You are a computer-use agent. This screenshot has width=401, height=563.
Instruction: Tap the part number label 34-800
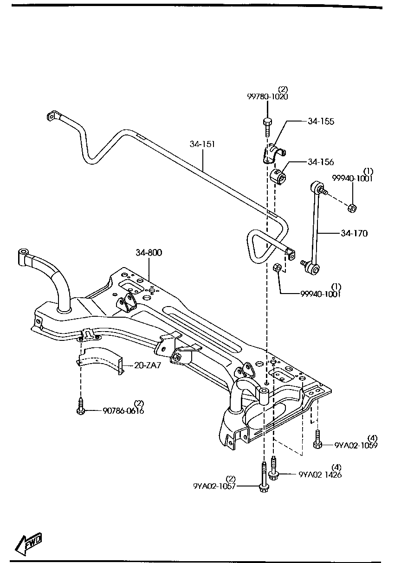[x=149, y=253]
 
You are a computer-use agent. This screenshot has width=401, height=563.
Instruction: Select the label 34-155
[x=321, y=122]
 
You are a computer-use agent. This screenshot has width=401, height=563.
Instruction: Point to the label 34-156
[x=321, y=162]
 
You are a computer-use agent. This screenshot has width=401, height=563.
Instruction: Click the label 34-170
[x=354, y=233]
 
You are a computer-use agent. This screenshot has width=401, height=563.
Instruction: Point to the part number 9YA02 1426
[x=320, y=474]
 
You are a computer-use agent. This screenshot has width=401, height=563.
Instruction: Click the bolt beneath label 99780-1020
[x=267, y=126]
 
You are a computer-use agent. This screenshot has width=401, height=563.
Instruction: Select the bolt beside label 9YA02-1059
[x=317, y=439]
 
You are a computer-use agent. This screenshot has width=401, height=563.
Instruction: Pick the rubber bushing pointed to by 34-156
[x=278, y=177]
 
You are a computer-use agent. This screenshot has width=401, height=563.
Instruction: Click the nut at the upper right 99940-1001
[x=352, y=208]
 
